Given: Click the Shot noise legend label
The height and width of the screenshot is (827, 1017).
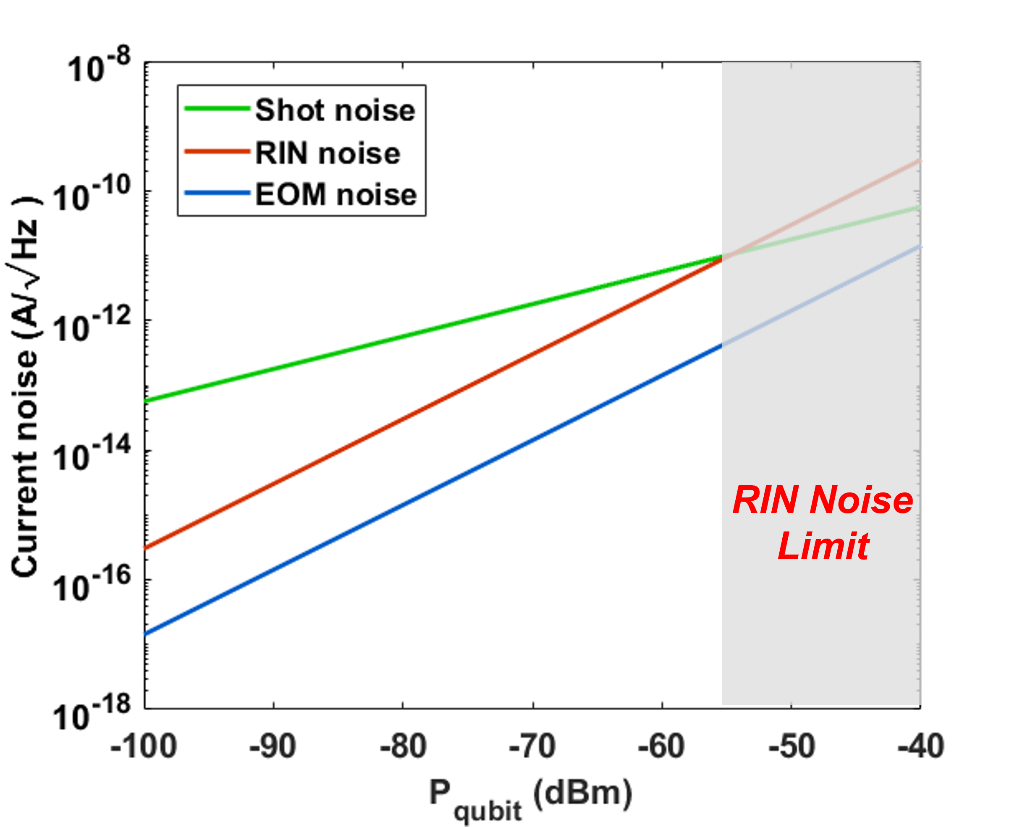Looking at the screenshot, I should [335, 110].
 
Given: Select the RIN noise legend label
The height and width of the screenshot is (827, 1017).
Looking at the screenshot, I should [328, 153].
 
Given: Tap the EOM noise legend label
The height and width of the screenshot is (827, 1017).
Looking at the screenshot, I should [336, 195].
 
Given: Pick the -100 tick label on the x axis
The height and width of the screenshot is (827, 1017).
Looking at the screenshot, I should [144, 746].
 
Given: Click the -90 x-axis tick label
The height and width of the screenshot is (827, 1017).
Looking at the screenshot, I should [273, 746].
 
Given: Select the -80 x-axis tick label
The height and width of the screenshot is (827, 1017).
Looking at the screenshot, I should [403, 746].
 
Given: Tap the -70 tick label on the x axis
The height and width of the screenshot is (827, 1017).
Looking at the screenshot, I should [532, 746].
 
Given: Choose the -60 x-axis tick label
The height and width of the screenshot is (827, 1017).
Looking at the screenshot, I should [661, 746].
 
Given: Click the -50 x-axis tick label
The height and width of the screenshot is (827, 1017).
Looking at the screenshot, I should [792, 746].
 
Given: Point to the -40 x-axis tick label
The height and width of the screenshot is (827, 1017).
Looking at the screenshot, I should [921, 746].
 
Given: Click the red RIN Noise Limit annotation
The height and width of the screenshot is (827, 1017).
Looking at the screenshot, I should [823, 523].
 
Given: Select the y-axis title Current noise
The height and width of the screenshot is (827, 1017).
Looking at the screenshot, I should [25, 386].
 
